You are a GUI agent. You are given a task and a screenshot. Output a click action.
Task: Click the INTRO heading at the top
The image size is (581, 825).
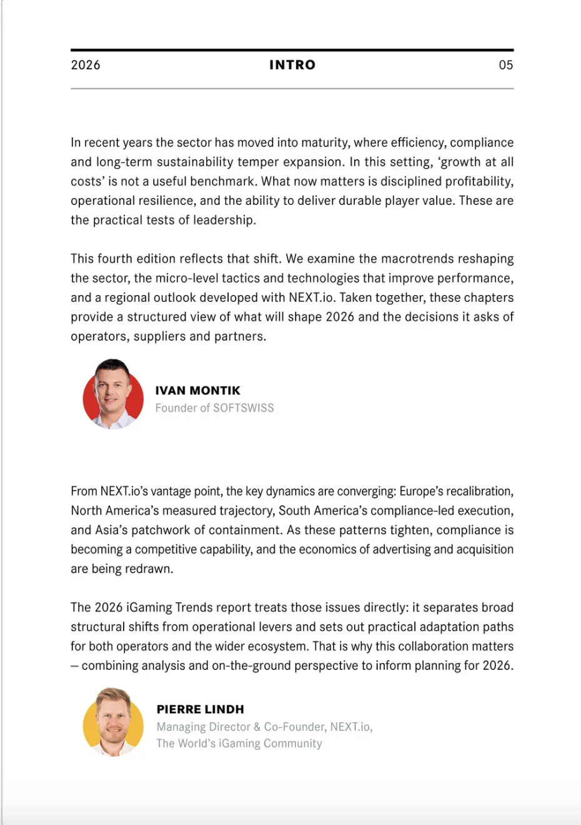coord(292,65)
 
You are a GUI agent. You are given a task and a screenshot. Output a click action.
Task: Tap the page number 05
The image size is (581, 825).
coord(505,65)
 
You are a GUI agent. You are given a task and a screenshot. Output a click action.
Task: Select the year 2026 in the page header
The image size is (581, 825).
coord(86,65)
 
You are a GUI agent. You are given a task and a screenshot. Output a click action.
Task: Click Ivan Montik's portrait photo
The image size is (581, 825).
coord(113,394)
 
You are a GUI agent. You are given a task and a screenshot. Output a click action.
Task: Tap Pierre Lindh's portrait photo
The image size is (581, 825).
coord(113,722)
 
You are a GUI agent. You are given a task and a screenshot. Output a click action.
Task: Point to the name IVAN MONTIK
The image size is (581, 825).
coord(197,391)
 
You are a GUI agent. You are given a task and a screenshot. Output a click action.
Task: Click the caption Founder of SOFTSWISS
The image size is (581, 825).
coord(214,408)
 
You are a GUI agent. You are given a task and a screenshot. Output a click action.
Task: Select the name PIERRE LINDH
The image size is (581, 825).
coord(200,709)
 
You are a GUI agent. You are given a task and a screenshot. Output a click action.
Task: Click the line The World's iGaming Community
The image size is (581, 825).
coord(239,744)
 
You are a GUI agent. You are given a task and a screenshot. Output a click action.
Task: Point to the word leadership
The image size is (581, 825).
coord(224,220)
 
